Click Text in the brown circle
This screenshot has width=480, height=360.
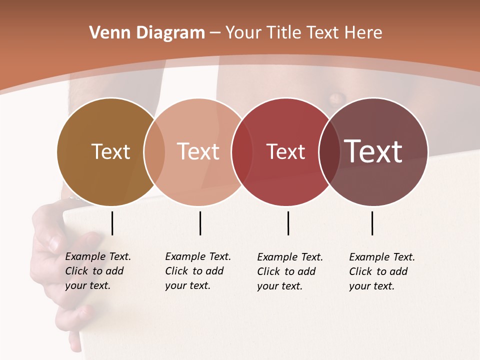[x=110, y=151]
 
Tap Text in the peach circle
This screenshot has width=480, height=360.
[x=198, y=151]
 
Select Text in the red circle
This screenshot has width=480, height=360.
[x=285, y=152]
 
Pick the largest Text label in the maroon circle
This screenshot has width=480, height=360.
[x=373, y=151]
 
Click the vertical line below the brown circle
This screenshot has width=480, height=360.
[x=112, y=223]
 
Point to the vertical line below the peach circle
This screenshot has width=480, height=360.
[x=200, y=223]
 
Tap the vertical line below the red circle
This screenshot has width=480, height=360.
[x=288, y=223]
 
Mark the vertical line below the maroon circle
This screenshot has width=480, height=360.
[x=372, y=223]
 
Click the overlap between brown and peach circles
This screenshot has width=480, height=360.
[x=154, y=151]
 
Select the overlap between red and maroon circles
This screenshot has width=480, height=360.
[x=329, y=151]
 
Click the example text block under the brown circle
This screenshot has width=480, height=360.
[x=98, y=271]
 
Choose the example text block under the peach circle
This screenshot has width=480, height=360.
[x=198, y=271]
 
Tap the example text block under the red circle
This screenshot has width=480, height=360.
[x=290, y=271]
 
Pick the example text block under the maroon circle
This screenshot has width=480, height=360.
[x=382, y=271]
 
